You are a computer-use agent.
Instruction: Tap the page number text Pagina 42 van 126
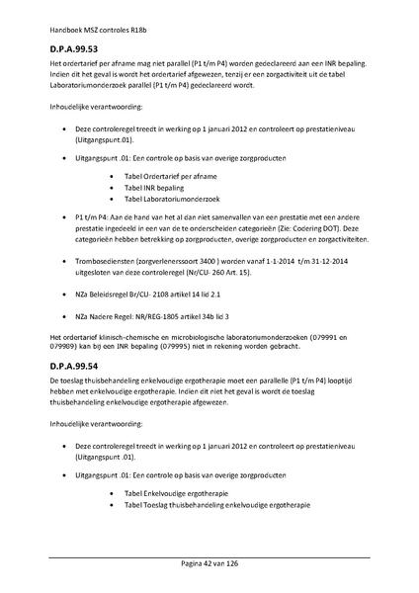click(x=209, y=562)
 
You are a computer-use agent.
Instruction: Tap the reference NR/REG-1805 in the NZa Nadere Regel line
click(x=168, y=318)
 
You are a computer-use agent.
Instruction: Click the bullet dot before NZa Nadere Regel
click(x=64, y=318)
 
